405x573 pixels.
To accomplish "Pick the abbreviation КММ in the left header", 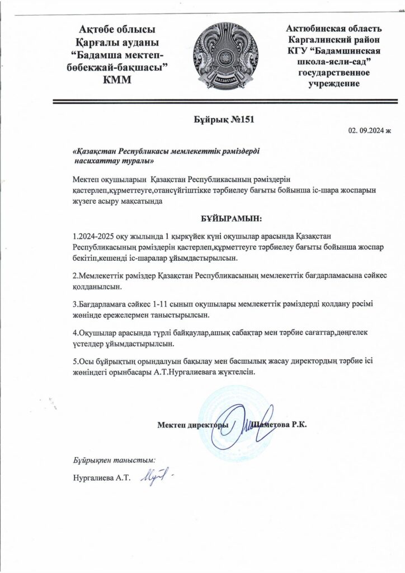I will pos(117,79).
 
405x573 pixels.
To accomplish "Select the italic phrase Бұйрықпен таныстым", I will pos(114,461).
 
